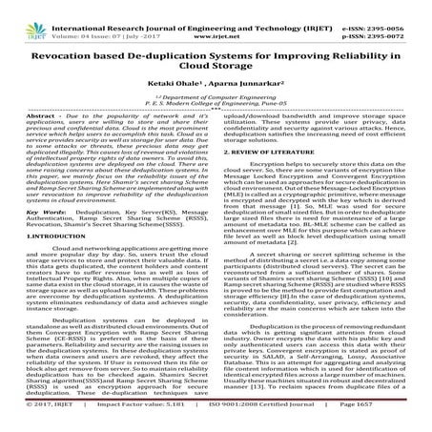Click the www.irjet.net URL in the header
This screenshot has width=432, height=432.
pyautogui.click(x=216, y=17)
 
